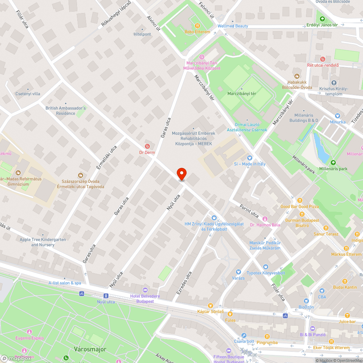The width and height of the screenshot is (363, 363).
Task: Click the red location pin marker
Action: [x=181, y=174]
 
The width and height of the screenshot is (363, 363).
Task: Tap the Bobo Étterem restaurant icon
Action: [x=197, y=26]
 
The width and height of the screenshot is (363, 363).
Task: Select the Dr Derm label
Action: [x=147, y=152]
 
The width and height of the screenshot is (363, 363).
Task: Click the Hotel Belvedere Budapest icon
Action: [x=145, y=290]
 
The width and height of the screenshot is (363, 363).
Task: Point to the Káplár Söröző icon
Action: [x=210, y=306]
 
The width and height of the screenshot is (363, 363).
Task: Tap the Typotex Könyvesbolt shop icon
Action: [x=266, y=267]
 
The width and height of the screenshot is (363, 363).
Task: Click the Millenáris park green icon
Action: [x=333, y=163]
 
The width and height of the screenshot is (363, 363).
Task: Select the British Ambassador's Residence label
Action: [x=65, y=111]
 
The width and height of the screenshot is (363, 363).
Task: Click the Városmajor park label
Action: [x=90, y=349]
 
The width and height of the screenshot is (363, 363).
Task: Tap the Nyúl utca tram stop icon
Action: [x=106, y=296]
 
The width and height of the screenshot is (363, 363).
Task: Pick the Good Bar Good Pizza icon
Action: [x=299, y=200]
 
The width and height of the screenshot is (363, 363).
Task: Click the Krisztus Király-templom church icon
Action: [x=334, y=83]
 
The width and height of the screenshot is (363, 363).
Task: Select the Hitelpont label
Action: [x=142, y=34]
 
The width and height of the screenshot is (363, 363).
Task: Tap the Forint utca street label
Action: [x=249, y=212]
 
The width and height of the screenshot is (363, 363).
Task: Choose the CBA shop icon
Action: [x=322, y=291]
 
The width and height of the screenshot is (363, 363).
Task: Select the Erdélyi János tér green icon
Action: [x=322, y=19]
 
